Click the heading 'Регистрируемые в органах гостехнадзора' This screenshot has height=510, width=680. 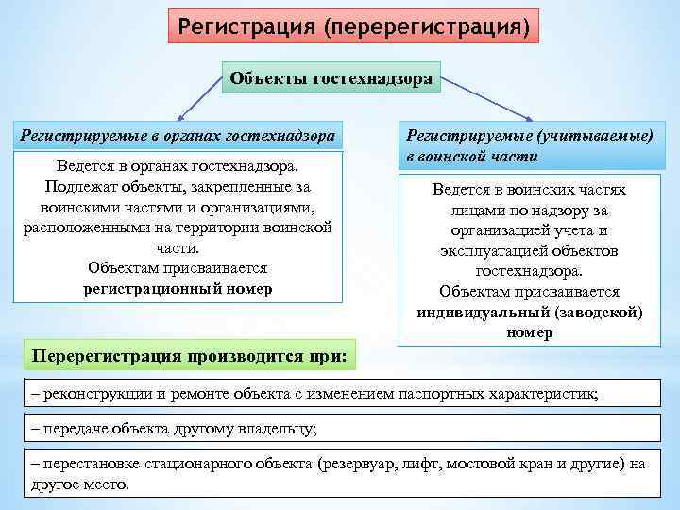178,136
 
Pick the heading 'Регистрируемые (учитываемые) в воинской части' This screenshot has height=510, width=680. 529,146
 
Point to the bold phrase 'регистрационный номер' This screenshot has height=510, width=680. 178,289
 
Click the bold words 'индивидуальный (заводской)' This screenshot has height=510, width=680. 530,313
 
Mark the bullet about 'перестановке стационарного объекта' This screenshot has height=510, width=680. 340,473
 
